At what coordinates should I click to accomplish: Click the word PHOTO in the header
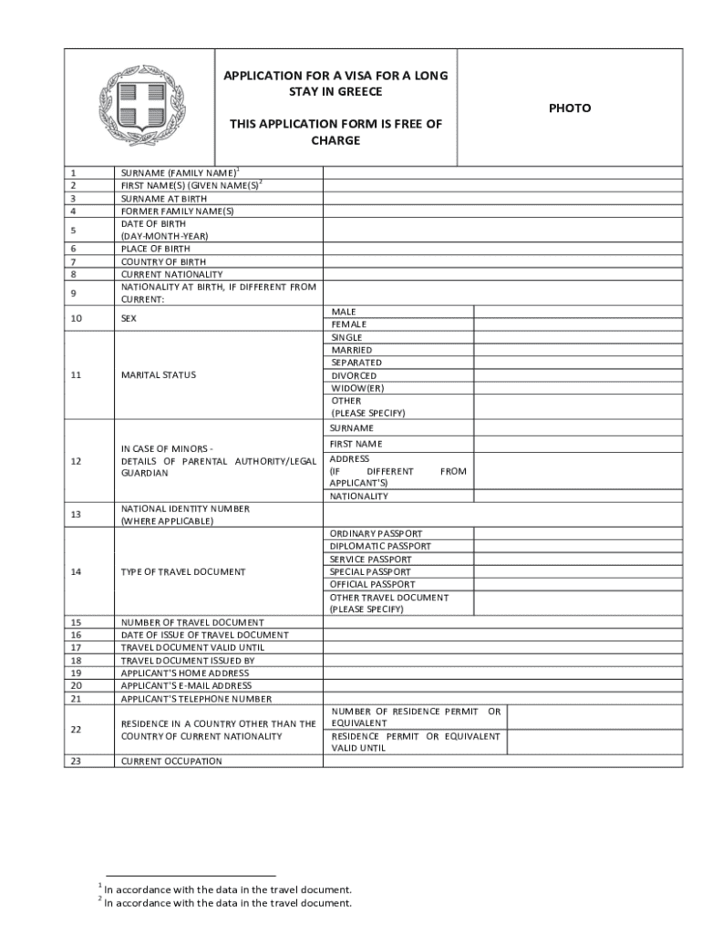pyautogui.click(x=569, y=108)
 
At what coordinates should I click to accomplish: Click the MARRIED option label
pyautogui.click(x=352, y=350)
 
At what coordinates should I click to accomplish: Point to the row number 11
pyautogui.click(x=75, y=375)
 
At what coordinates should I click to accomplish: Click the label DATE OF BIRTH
pyautogui.click(x=153, y=223)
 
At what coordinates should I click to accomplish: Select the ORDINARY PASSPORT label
pyautogui.click(x=377, y=534)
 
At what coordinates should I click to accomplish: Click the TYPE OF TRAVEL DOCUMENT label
pyautogui.click(x=183, y=572)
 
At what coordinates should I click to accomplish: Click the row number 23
pyautogui.click(x=75, y=761)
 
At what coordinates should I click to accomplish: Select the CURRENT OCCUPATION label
pyautogui.click(x=171, y=761)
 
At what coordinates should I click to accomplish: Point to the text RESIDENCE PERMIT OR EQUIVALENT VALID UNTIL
pyautogui.click(x=415, y=742)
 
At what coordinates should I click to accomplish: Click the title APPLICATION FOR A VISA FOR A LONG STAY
pyautogui.click(x=336, y=84)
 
